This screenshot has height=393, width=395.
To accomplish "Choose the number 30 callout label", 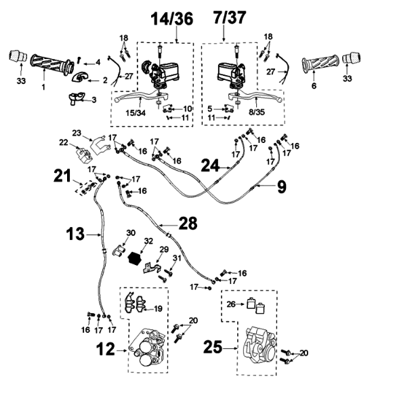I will [x=131, y=233].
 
